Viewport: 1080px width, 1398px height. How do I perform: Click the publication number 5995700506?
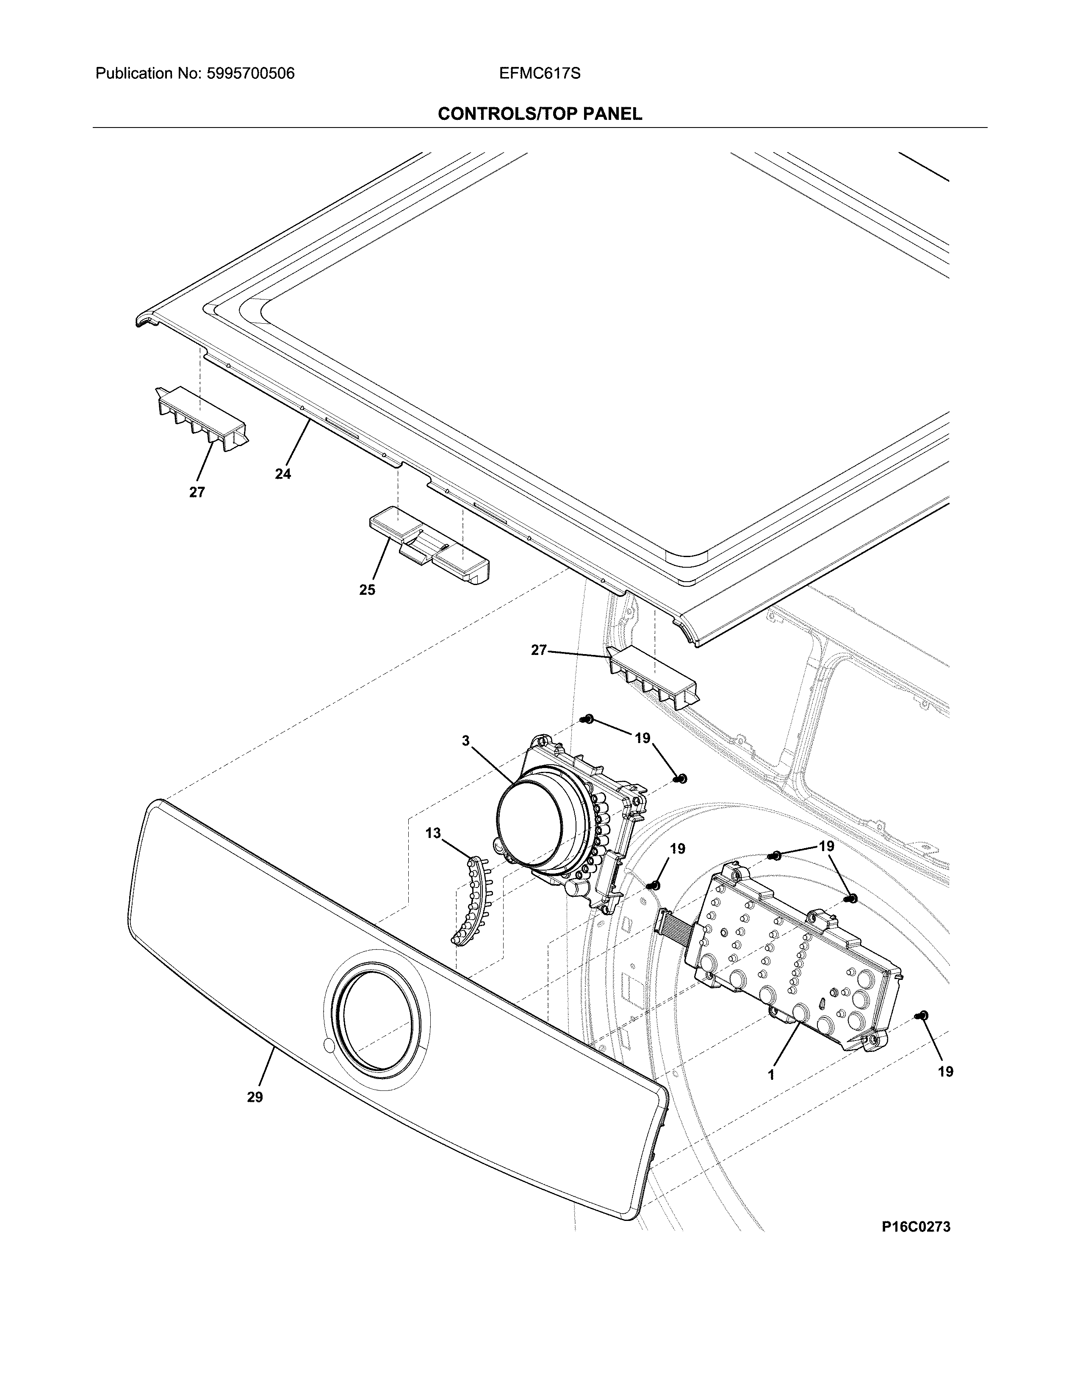[250, 74]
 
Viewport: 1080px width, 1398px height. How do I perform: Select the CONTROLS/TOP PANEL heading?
[539, 114]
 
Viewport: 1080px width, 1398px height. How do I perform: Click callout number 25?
[367, 590]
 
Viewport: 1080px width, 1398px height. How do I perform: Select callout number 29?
[255, 1097]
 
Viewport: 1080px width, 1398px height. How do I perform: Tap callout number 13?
[433, 833]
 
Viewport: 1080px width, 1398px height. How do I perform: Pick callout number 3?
[466, 741]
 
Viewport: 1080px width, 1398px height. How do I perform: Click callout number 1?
[772, 1075]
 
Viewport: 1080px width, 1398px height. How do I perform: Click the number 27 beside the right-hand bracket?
[539, 650]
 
